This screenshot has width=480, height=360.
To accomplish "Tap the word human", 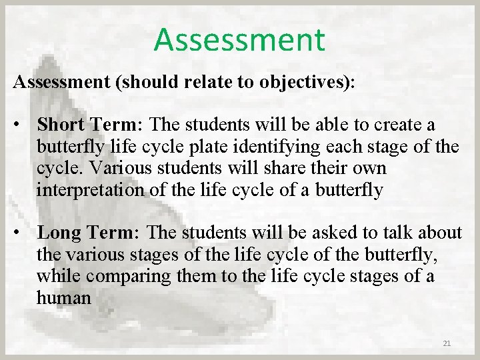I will tap(64, 297).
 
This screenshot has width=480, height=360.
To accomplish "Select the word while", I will tap(55, 276).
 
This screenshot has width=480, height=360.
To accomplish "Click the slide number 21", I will tap(447, 343).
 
